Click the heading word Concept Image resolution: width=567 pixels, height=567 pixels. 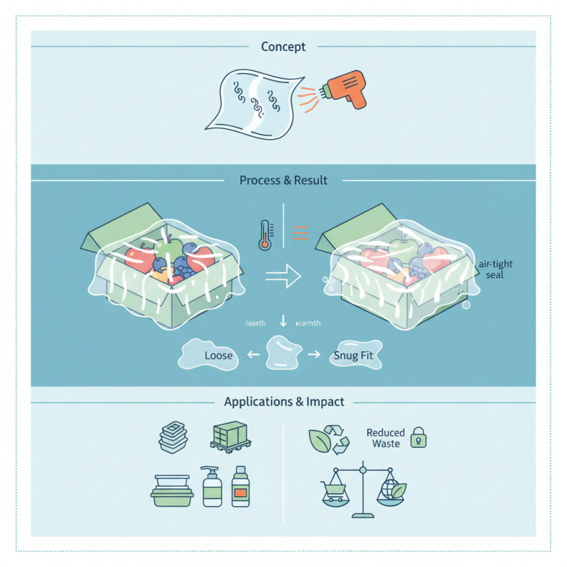tap(283, 47)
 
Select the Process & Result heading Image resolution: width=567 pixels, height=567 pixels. tap(283, 180)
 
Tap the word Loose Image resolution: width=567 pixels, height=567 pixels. tap(218, 355)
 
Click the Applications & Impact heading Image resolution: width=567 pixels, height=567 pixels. tap(283, 402)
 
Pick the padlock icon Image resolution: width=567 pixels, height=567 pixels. tap(419, 437)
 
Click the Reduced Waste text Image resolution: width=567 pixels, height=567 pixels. tap(386, 438)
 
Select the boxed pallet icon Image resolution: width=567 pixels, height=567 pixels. tap(230, 437)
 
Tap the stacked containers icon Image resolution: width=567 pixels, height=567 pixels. tap(172, 438)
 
